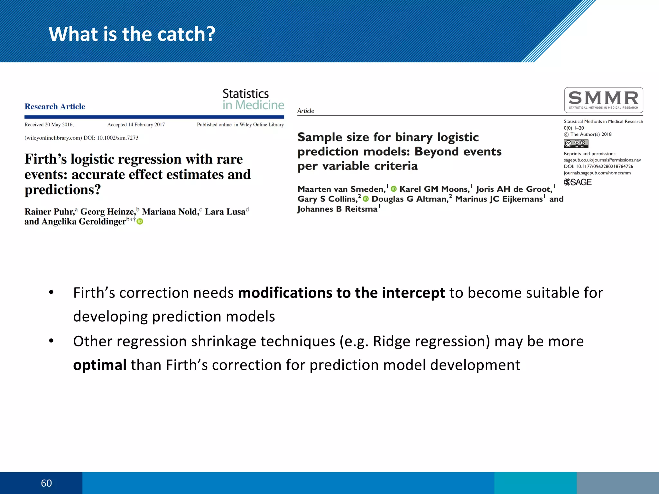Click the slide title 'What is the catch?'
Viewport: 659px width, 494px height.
pos(132,34)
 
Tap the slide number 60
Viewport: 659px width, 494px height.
pos(46,483)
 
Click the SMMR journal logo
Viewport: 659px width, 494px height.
pos(603,100)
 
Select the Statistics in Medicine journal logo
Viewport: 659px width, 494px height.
pos(253,99)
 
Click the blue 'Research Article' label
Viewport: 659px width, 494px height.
pos(55,106)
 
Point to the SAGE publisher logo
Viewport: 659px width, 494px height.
pos(578,182)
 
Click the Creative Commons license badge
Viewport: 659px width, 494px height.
pos(576,143)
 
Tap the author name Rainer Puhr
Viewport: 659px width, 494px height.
pos(50,212)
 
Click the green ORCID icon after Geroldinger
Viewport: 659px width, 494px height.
pos(140,221)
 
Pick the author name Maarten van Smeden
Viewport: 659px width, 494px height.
pos(341,189)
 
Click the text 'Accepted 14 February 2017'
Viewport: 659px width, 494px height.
pos(136,124)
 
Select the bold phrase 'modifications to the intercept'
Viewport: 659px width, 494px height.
pos(341,293)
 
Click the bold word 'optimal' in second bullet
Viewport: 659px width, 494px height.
pos(100,365)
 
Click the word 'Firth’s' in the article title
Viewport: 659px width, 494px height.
pos(45,159)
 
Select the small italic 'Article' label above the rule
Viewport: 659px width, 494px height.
pos(305,111)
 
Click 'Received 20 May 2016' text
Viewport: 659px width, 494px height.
pos(49,124)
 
